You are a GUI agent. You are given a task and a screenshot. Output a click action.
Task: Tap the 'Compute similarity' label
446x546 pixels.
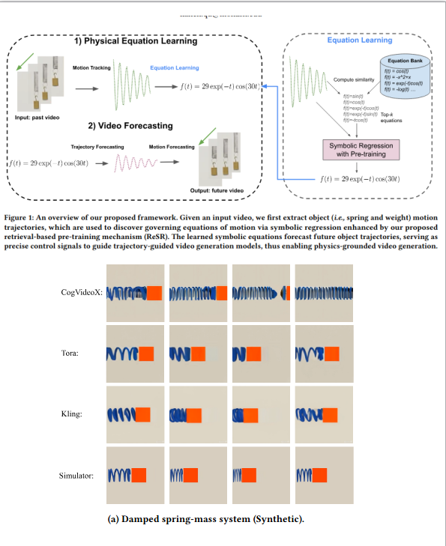(x=353, y=79)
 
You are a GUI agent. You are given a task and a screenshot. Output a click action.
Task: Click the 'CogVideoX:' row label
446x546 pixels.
(x=82, y=292)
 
